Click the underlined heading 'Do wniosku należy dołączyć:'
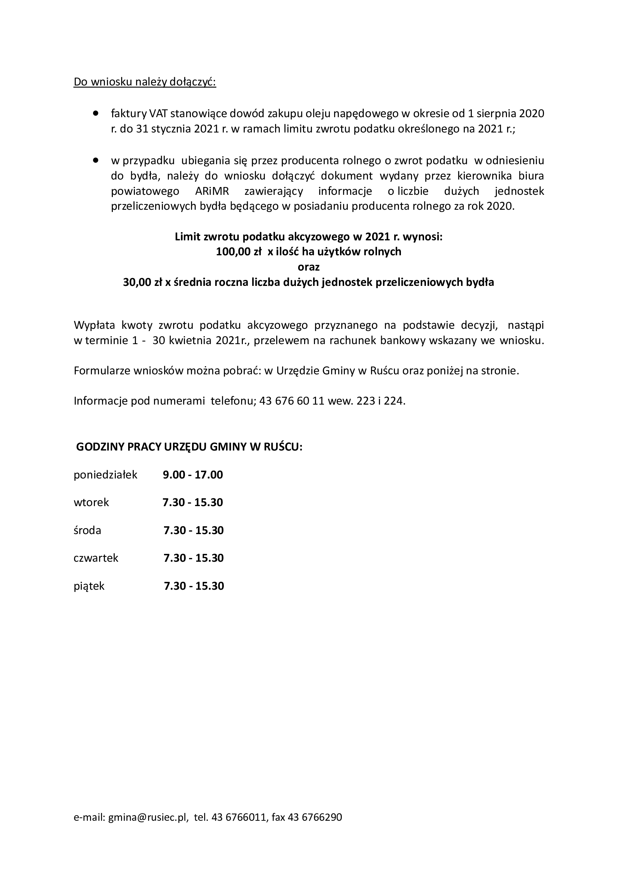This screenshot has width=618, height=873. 145,82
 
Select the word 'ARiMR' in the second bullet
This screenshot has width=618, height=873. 211,191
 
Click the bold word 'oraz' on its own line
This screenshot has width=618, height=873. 309,267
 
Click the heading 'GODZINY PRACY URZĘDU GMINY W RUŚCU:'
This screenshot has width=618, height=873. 189,447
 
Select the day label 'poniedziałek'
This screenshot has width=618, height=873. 105,475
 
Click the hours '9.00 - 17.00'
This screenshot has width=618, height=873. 193,475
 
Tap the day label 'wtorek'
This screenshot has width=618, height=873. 91,503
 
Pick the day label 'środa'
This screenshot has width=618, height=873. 87,530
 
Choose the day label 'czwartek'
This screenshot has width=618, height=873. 96,558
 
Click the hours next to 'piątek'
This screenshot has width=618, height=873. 194,586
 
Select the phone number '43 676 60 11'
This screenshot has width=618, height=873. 291,401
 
